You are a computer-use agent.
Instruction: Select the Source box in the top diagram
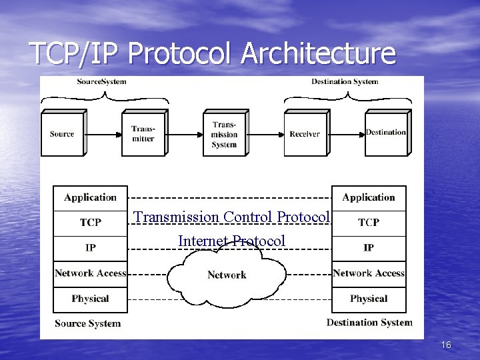(x=62, y=134)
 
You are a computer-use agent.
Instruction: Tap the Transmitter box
(x=143, y=134)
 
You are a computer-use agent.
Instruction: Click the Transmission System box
(x=224, y=134)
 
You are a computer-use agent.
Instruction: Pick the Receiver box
(x=305, y=134)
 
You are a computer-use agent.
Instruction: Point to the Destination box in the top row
(x=385, y=133)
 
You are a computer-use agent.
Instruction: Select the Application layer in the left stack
(x=90, y=197)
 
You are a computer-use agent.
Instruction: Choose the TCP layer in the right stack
(x=369, y=223)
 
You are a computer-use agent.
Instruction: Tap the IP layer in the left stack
(x=90, y=248)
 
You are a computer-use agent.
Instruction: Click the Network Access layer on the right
(x=369, y=273)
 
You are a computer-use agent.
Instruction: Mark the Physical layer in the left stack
(x=90, y=299)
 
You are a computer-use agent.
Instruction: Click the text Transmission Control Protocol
(x=231, y=217)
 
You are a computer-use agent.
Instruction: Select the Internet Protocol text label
(x=231, y=241)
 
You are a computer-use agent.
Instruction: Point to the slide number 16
(x=446, y=345)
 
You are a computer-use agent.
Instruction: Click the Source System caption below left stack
(x=88, y=323)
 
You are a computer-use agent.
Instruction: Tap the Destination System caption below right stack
(x=369, y=323)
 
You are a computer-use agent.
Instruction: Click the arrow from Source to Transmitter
(x=103, y=134)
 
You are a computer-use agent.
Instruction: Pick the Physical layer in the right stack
(x=369, y=299)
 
